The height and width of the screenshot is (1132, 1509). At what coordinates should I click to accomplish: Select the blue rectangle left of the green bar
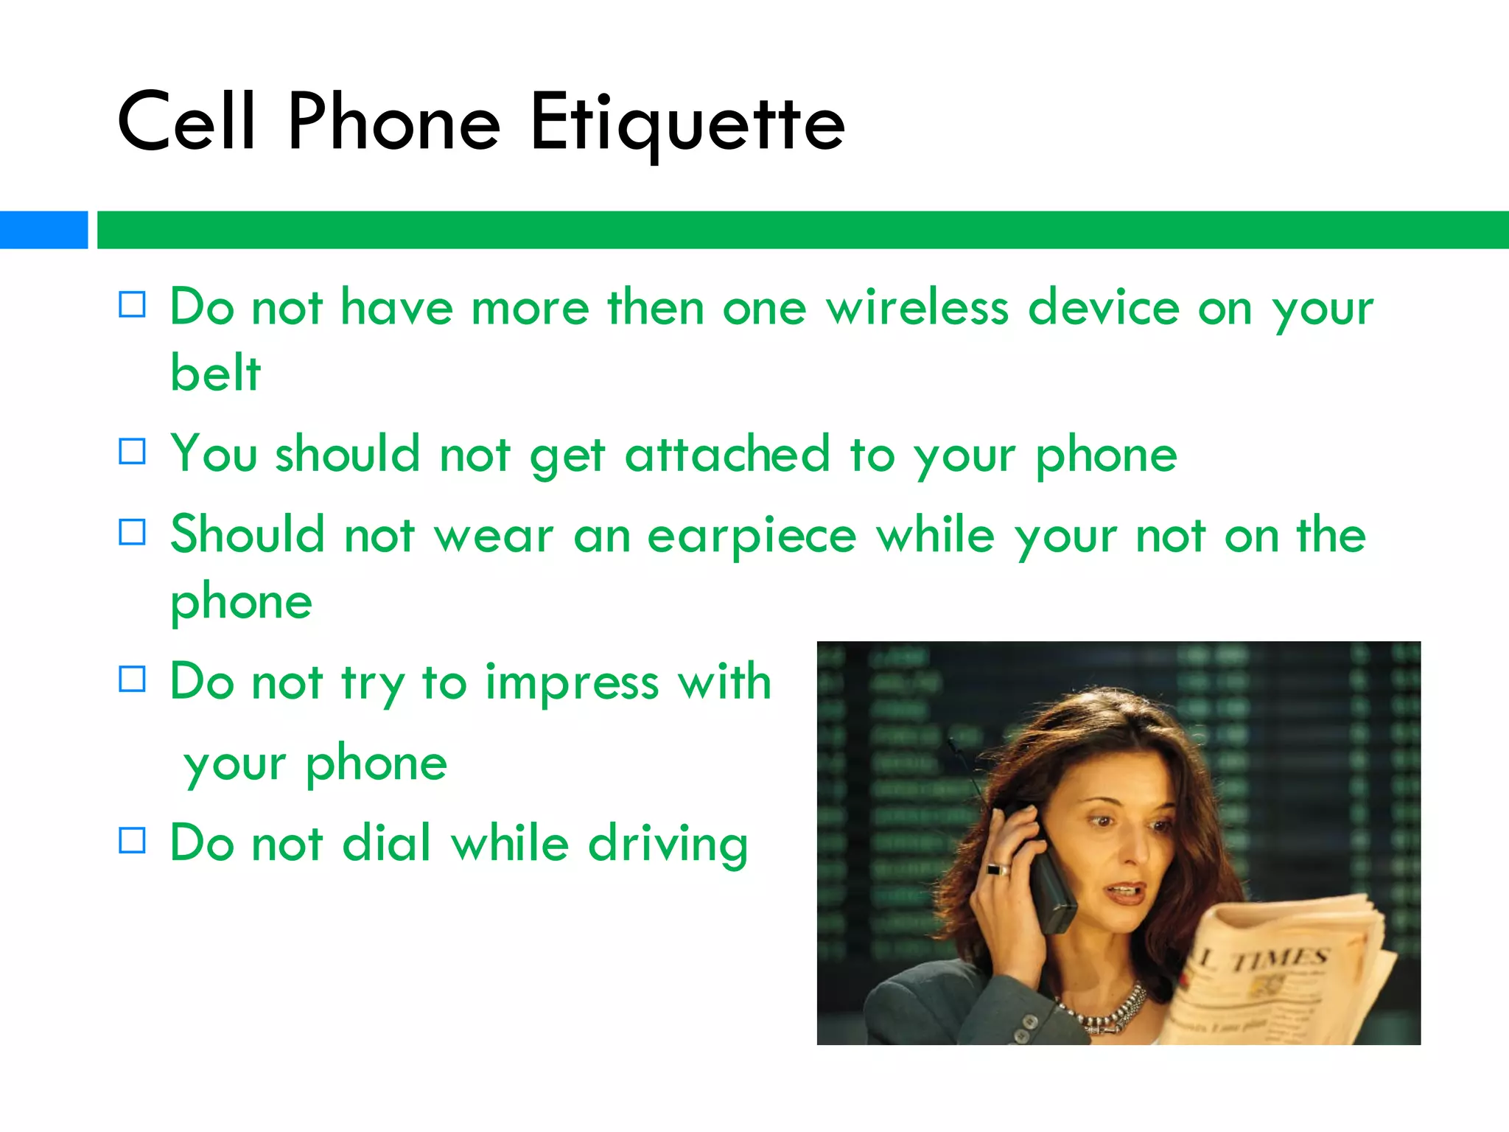coord(43,230)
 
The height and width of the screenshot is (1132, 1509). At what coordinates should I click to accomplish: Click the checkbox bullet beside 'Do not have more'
coord(133,304)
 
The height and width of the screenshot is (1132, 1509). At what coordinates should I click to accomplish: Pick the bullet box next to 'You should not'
coord(133,451)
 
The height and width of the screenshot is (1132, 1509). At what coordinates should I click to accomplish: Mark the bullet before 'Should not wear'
coord(133,532)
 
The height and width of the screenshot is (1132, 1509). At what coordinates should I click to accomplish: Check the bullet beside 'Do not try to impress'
coord(133,679)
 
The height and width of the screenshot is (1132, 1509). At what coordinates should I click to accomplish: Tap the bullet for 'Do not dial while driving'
coord(133,840)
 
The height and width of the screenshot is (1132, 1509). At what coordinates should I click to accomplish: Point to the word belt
coord(215,372)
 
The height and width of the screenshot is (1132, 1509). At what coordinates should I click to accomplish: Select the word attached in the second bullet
coord(727,454)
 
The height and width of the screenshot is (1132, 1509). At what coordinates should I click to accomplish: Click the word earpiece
coord(752,537)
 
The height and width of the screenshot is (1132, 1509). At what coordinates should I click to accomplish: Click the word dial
coord(386,843)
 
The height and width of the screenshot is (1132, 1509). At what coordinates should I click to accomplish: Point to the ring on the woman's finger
coord(998,869)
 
